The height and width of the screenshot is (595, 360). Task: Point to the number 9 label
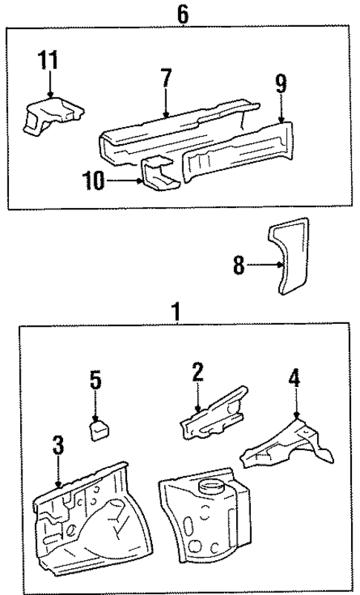[x=281, y=83]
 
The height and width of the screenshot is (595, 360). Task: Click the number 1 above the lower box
[x=177, y=312]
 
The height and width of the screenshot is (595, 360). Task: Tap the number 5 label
[x=95, y=381]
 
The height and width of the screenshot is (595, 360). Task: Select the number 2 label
[x=197, y=371]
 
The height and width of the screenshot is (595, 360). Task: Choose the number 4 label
[x=295, y=379]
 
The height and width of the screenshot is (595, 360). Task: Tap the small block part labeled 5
[x=99, y=430]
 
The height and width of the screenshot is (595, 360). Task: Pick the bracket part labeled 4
[x=282, y=446]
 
